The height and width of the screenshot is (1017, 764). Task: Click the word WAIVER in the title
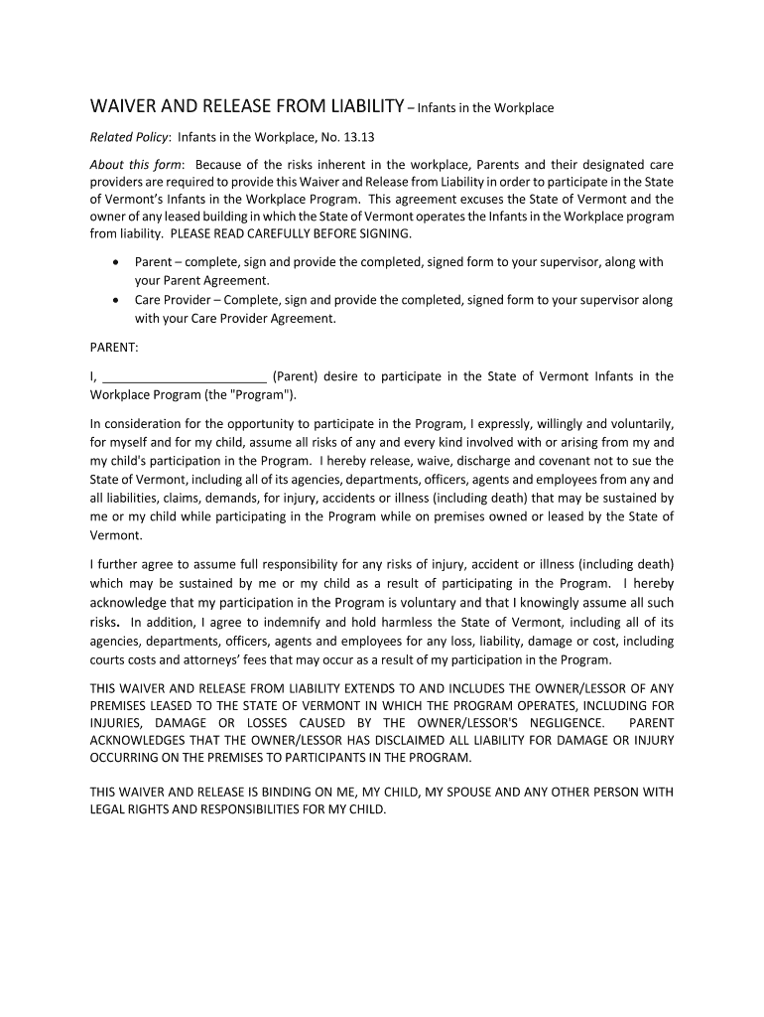click(x=124, y=106)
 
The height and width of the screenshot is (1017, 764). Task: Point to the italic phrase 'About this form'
click(x=136, y=163)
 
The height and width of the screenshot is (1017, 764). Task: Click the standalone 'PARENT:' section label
click(x=115, y=348)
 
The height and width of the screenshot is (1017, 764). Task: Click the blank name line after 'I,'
click(x=185, y=377)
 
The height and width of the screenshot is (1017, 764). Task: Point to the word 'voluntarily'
click(x=637, y=422)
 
